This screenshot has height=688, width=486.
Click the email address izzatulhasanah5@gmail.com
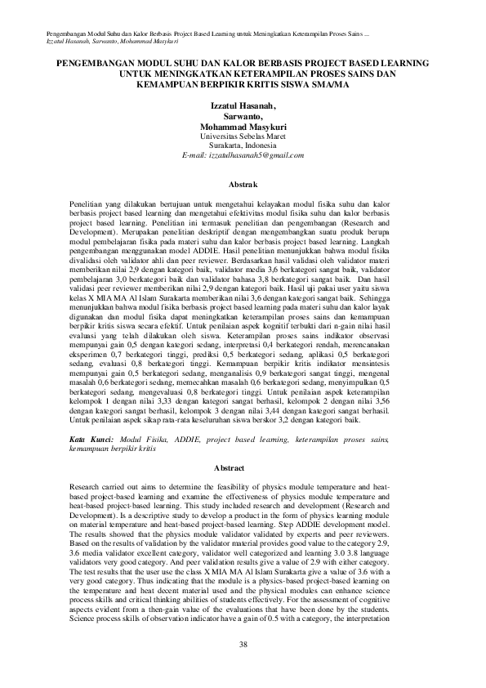pos(243,154)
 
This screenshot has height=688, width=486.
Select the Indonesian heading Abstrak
pos(243,186)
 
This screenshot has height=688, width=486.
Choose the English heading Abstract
pos(243,468)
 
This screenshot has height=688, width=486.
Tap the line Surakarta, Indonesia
pos(243,145)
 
